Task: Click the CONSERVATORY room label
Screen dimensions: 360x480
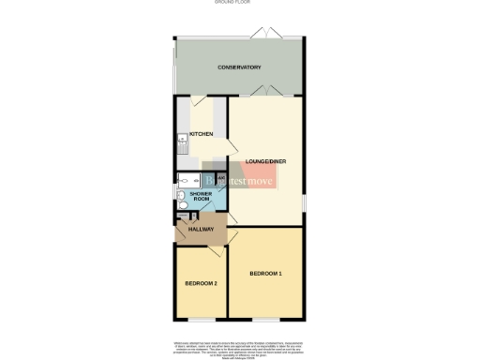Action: pyautogui.click(x=239, y=67)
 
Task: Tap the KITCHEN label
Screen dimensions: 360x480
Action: pyautogui.click(x=202, y=134)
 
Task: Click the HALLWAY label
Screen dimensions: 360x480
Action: pyautogui.click(x=202, y=230)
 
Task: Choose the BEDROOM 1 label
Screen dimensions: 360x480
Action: pyautogui.click(x=265, y=273)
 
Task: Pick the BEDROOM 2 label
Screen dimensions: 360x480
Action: pyautogui.click(x=201, y=282)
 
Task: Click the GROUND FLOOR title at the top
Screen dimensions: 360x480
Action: pyautogui.click(x=239, y=4)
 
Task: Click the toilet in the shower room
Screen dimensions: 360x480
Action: pyautogui.click(x=181, y=198)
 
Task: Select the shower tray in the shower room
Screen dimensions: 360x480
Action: pyautogui.click(x=185, y=181)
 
